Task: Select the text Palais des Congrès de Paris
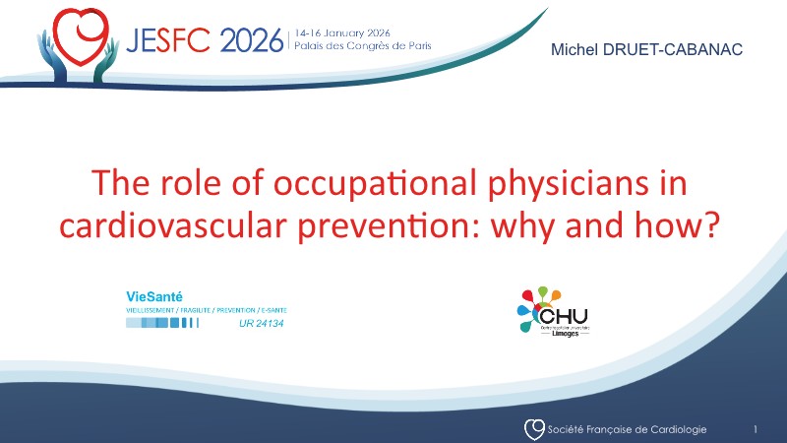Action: (x=362, y=47)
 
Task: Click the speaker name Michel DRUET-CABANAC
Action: (x=647, y=49)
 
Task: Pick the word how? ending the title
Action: (x=690, y=225)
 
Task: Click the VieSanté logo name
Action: (x=154, y=295)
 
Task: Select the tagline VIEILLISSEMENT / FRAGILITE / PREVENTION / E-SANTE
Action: (x=207, y=309)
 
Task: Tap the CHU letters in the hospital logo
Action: (x=567, y=315)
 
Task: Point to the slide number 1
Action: (x=755, y=429)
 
